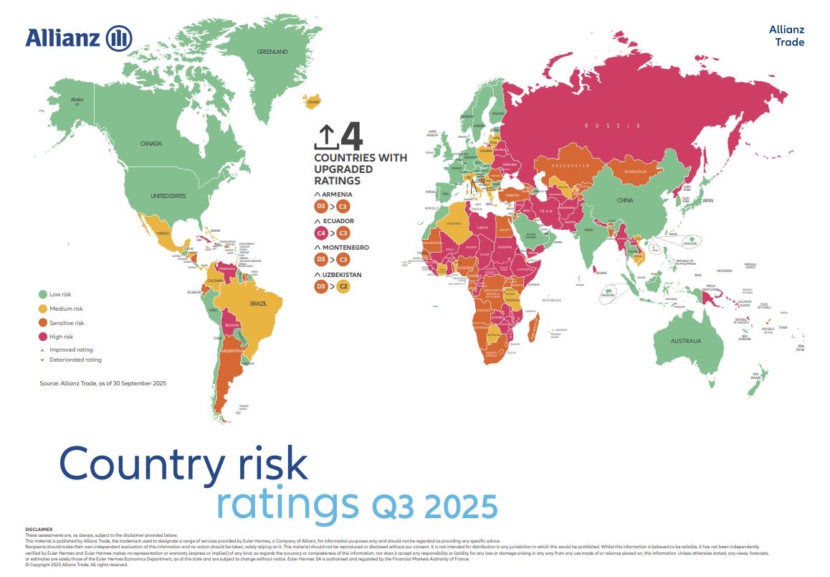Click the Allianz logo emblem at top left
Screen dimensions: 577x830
pyautogui.click(x=119, y=37)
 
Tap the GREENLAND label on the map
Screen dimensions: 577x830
pyautogui.click(x=272, y=52)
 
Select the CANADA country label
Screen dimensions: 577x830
pyautogui.click(x=151, y=144)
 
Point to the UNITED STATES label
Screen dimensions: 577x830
pyautogui.click(x=168, y=196)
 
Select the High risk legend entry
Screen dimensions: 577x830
pyautogui.click(x=61, y=337)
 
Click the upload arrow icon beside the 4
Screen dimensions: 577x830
pyautogui.click(x=325, y=136)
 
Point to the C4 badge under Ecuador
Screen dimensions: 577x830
pyautogui.click(x=321, y=234)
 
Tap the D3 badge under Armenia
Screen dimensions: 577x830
pyautogui.click(x=321, y=207)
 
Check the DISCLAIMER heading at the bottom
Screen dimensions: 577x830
pyautogui.click(x=39, y=530)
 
